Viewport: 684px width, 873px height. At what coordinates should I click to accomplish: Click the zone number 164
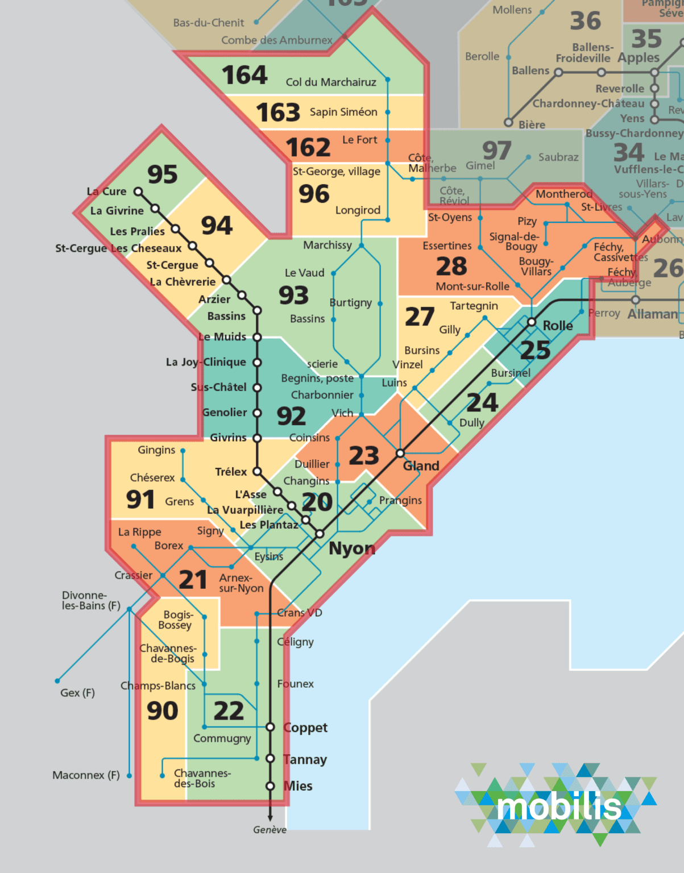(244, 75)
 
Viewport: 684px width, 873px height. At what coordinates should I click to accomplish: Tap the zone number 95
(163, 174)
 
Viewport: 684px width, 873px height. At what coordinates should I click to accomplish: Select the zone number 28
(451, 266)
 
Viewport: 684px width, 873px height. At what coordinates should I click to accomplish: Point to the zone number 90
(163, 710)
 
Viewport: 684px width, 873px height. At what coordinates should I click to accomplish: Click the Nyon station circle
(320, 534)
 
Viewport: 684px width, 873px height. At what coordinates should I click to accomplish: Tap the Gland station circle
(400, 453)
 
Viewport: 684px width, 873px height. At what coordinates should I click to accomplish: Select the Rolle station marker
(532, 322)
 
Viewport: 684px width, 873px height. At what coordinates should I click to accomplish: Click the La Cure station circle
(138, 192)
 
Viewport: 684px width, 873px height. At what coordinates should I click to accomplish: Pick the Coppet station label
(305, 727)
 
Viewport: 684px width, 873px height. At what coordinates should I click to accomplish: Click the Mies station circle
(271, 786)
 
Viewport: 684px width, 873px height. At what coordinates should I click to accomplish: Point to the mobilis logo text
(559, 807)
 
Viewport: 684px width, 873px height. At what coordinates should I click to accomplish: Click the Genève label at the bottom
(270, 830)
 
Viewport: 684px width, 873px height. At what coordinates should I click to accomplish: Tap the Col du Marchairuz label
(331, 82)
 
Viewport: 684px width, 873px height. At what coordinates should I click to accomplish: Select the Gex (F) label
(77, 693)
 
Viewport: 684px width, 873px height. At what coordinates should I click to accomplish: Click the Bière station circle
(509, 122)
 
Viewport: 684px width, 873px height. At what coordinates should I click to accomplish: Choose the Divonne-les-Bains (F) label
(91, 600)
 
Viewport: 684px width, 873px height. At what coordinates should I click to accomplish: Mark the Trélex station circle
(257, 471)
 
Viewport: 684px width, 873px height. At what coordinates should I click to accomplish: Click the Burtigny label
(350, 302)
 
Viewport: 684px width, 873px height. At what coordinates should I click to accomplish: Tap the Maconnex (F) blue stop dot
(129, 775)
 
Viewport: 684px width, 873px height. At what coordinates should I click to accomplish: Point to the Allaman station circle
(636, 300)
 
